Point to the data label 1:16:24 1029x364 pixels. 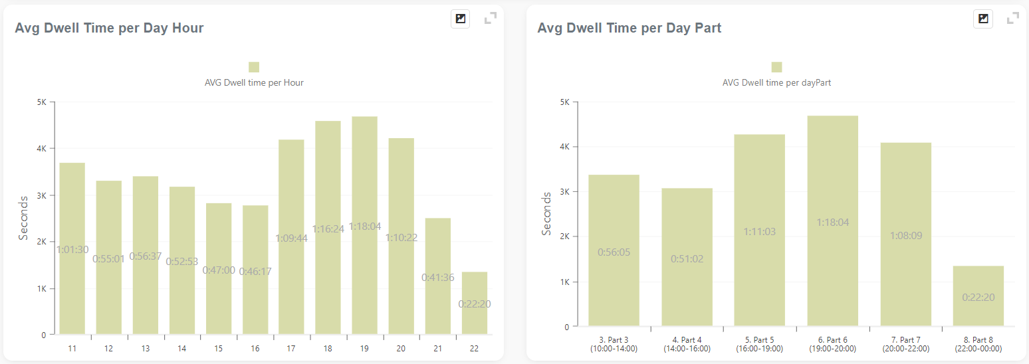[x=328, y=229]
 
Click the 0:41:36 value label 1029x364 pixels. [x=438, y=278]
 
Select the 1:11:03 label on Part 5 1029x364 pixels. [x=759, y=232]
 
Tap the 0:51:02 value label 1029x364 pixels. [x=687, y=259]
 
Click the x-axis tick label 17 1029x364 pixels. [x=291, y=349]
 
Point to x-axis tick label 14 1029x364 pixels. [x=181, y=349]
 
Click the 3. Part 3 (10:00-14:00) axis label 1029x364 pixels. [x=613, y=344]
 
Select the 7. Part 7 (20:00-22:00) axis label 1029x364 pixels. [x=905, y=344]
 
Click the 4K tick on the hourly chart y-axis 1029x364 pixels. [x=41, y=149]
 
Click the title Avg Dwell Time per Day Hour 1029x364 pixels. [x=109, y=28]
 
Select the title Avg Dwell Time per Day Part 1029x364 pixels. [x=629, y=28]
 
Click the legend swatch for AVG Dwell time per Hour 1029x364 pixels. [x=254, y=67]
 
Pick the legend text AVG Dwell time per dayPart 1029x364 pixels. [x=776, y=83]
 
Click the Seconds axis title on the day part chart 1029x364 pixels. [x=547, y=214]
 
